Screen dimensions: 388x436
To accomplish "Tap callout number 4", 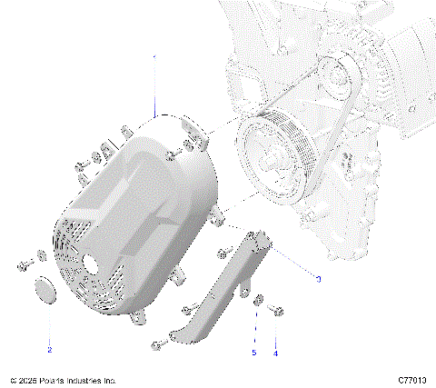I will click(276, 353).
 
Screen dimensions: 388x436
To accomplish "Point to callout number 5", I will click(255, 353).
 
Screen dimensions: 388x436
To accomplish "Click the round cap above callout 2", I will click(44, 291).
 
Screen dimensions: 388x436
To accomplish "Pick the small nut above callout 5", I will click(257, 300).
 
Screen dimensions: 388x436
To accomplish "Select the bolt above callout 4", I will click(276, 313).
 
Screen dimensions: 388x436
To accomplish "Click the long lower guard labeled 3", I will click(218, 291).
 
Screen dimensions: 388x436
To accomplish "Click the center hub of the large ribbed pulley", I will click(272, 162).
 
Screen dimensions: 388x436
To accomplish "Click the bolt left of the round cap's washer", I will click(22, 266).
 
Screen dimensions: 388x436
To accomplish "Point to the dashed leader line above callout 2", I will click(49, 323).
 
